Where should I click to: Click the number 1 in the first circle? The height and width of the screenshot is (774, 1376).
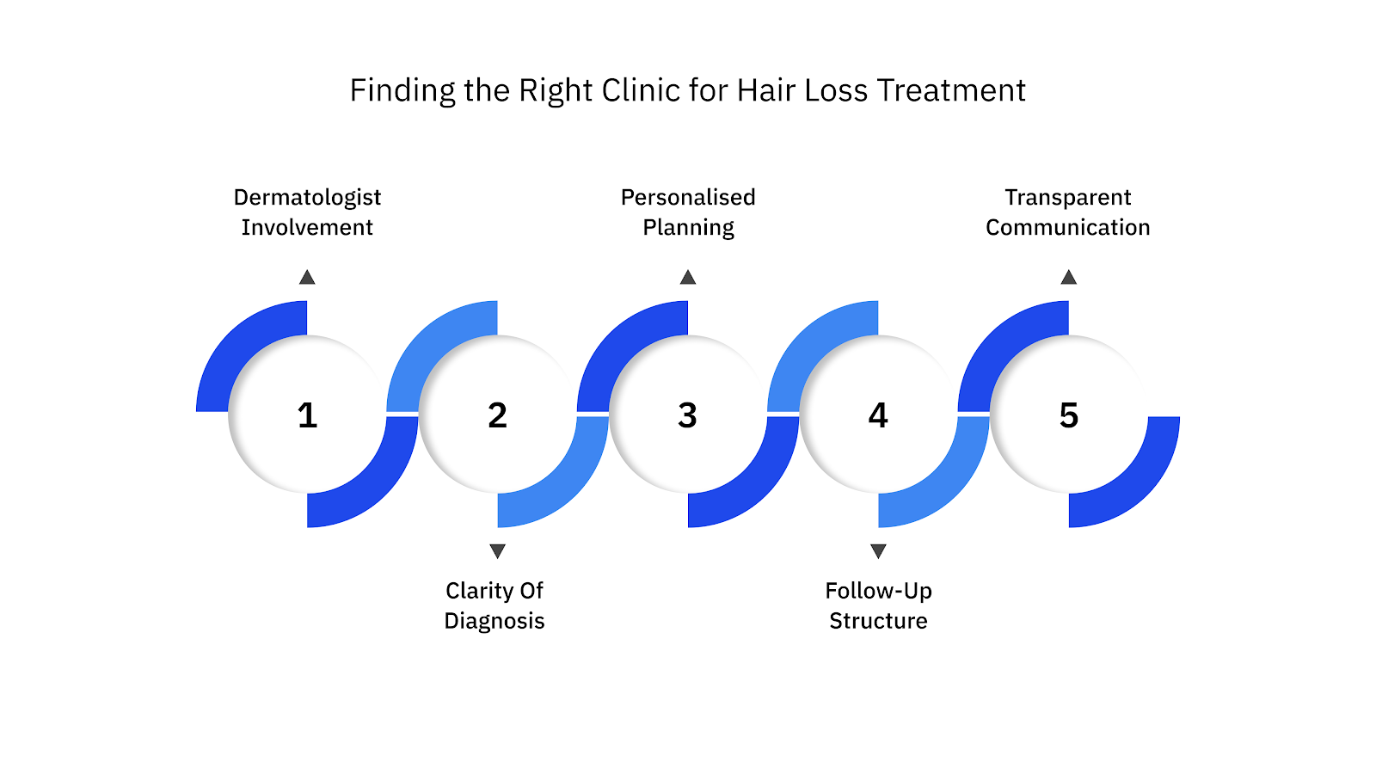[x=307, y=415]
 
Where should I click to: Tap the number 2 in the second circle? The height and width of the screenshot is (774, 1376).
[x=497, y=415]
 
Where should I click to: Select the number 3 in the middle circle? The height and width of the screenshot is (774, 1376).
[x=687, y=415]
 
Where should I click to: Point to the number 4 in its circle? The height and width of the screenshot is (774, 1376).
[x=878, y=415]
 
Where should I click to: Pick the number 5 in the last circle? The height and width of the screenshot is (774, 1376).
[x=1068, y=415]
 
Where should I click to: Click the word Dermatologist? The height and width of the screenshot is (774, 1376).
[x=307, y=198]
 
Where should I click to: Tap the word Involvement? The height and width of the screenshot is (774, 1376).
[x=307, y=228]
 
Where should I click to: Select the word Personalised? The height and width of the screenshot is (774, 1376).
[x=688, y=198]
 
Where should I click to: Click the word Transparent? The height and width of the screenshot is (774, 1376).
[x=1068, y=198]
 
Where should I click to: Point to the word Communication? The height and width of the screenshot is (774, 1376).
[x=1068, y=228]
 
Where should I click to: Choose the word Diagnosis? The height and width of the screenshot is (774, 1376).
[x=494, y=621]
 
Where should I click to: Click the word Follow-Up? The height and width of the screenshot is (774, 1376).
[x=878, y=591]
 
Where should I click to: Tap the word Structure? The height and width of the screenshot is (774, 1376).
[x=878, y=621]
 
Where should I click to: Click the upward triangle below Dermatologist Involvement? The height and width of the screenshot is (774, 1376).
[x=307, y=278]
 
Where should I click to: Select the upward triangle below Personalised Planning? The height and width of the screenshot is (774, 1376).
[x=688, y=278]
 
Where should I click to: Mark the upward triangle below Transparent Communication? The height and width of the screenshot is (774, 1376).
[x=1068, y=278]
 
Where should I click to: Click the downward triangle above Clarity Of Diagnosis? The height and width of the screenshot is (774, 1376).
[x=497, y=550]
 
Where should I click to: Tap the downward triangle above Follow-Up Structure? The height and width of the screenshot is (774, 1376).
[x=878, y=550]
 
